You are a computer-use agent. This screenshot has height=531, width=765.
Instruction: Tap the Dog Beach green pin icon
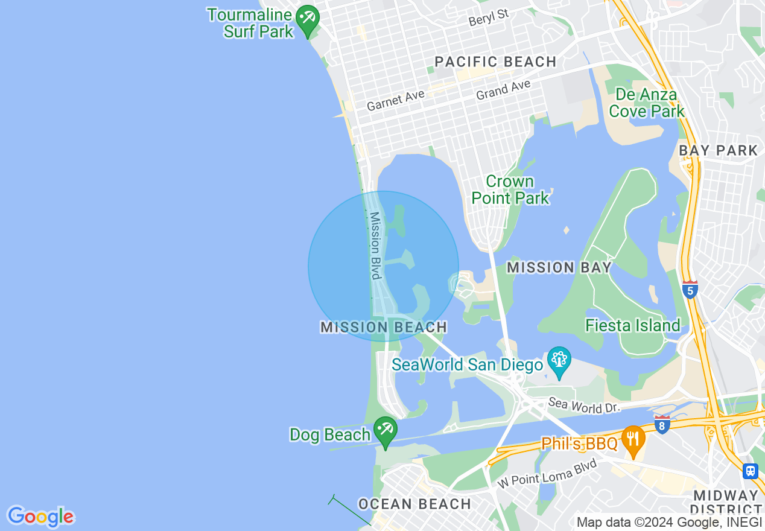385,430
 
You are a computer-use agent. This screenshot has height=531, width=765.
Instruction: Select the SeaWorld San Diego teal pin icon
559,360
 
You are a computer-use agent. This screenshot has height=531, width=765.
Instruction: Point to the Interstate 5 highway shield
690,290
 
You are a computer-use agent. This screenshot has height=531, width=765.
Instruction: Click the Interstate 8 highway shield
662,424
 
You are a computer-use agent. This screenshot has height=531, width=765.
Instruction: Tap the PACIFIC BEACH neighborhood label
495,62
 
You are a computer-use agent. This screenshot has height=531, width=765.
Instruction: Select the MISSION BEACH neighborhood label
384,327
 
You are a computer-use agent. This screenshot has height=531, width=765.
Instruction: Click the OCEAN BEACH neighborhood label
414,504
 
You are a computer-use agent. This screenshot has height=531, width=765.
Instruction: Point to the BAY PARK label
718,150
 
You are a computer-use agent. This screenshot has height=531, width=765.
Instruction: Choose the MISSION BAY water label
559,267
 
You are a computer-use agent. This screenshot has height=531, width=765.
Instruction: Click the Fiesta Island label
632,326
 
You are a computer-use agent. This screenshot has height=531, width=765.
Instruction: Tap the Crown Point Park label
510,189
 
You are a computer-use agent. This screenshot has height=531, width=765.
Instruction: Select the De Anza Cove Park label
647,103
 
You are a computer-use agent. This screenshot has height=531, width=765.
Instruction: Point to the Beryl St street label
489,18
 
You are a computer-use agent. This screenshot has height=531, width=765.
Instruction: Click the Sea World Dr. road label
584,405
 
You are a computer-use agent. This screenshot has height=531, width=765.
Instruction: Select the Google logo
41,517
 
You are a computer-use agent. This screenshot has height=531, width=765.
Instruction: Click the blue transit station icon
751,471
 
